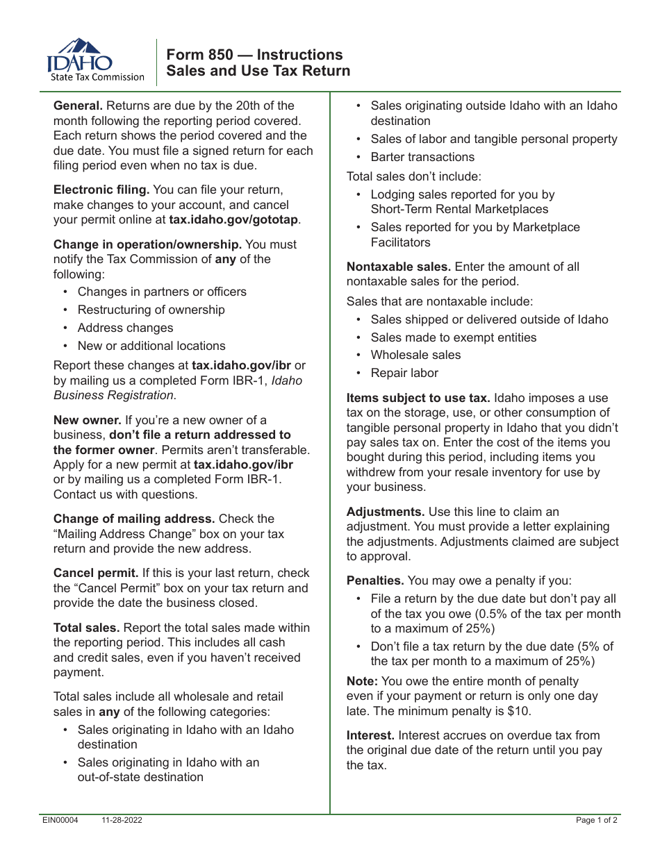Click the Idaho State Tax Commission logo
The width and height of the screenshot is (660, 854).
[x=96, y=61]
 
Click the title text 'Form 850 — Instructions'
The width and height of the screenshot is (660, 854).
[x=254, y=55]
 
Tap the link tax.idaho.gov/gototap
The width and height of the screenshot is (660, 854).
[x=234, y=220]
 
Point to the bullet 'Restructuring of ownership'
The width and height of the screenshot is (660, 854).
[x=151, y=310]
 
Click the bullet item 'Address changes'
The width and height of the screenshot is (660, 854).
[x=125, y=328]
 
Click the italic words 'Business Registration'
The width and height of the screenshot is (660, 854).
[x=113, y=395]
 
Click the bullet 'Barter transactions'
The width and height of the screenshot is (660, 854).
[x=422, y=157]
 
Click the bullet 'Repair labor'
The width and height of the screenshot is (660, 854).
[x=404, y=373]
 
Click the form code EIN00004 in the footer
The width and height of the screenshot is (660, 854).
[x=60, y=820]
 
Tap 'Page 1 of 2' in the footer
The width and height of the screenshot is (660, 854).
[x=596, y=820]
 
